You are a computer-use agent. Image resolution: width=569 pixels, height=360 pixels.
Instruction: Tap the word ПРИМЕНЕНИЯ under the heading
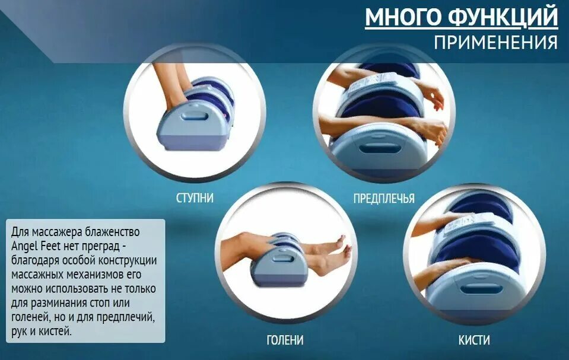tap(495, 43)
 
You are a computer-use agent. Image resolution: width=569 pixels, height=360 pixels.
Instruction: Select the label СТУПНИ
tap(195, 198)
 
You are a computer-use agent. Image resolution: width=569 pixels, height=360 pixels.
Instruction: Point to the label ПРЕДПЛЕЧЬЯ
tap(384, 198)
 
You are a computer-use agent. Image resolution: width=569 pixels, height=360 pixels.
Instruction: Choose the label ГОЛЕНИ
tap(285, 340)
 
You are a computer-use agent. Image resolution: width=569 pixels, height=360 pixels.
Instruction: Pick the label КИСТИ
tap(474, 340)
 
